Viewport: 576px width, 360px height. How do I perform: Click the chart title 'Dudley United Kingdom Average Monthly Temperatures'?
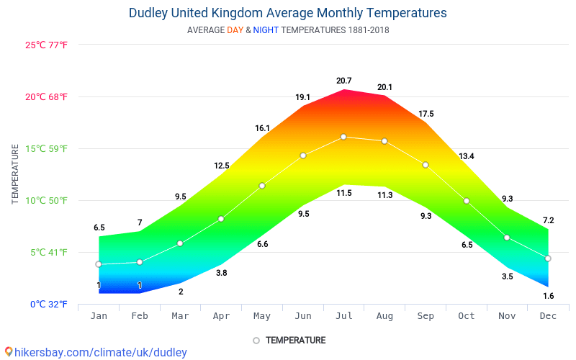pos(287,13)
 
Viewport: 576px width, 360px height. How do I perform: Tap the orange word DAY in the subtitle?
pos(235,30)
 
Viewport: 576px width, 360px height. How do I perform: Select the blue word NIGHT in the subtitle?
pos(266,30)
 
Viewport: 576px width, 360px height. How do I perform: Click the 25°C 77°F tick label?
pos(47,45)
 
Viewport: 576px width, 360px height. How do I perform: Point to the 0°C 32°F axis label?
pos(48,305)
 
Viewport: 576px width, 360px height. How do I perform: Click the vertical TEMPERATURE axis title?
pos(15,174)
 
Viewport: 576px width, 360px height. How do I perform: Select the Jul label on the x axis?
pos(343,316)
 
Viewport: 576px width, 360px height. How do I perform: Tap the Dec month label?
pos(548,316)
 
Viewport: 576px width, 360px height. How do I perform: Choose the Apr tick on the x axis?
pos(221,316)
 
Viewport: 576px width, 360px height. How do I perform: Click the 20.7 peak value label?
pos(343,81)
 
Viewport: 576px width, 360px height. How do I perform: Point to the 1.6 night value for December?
pos(548,296)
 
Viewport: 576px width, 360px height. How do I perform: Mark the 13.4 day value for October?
pos(467,156)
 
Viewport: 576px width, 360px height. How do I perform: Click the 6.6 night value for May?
pos(262,244)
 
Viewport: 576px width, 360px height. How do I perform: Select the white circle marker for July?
pos(343,137)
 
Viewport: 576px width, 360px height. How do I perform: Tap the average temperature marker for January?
pos(99,264)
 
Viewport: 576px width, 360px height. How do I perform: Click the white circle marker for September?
pos(426,165)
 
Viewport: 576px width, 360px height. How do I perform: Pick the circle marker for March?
pos(180,243)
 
